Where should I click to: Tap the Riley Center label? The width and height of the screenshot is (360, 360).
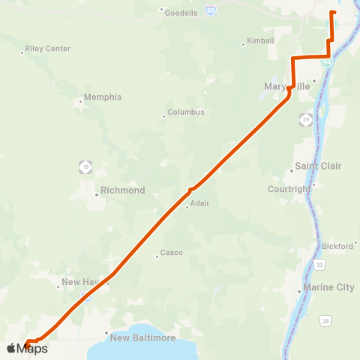tap(48, 49)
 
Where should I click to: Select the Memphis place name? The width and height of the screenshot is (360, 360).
tap(103, 97)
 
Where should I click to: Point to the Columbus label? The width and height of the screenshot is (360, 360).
tap(185, 112)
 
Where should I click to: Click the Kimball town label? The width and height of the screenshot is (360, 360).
tap(262, 40)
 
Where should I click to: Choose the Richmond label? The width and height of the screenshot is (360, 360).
tap(122, 190)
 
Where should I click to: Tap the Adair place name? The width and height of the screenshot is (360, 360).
tap(199, 203)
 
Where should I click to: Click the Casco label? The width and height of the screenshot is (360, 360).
tap(172, 253)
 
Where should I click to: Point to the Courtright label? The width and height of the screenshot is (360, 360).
tap(289, 189)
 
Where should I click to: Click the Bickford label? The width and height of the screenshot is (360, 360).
tap(337, 246)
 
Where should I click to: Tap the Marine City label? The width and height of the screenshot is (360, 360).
tap(328, 287)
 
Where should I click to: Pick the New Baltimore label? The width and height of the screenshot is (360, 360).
tap(142, 338)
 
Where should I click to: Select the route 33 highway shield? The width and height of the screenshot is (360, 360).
tap(320, 265)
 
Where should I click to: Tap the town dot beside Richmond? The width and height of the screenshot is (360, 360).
tap(96, 195)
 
